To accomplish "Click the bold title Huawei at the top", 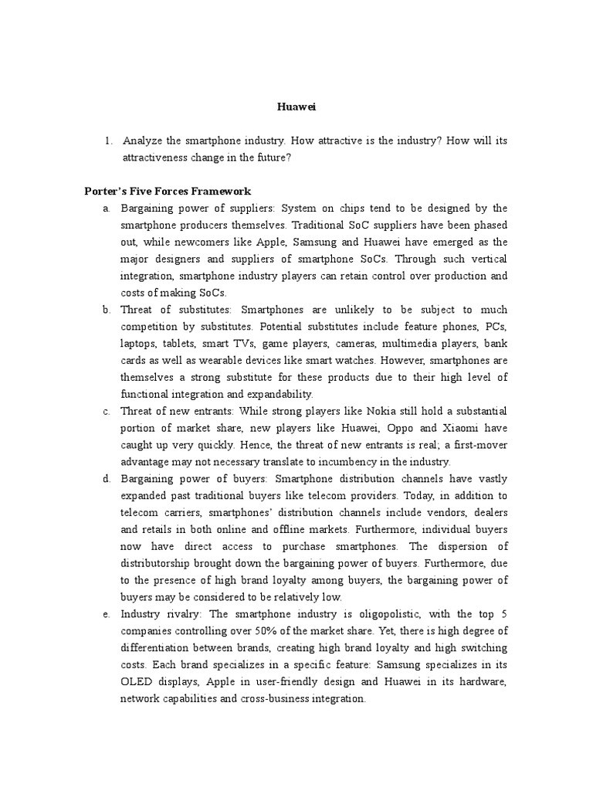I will point(296,108).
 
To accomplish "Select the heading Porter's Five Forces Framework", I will point(168,192).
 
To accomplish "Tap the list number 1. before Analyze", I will point(108,141).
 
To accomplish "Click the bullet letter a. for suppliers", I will point(107,209).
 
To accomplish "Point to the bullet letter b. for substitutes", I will point(107,310).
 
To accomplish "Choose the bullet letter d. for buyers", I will point(107,479).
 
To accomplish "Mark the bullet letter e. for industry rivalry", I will point(107,614).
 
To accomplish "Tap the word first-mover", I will point(480,445).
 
